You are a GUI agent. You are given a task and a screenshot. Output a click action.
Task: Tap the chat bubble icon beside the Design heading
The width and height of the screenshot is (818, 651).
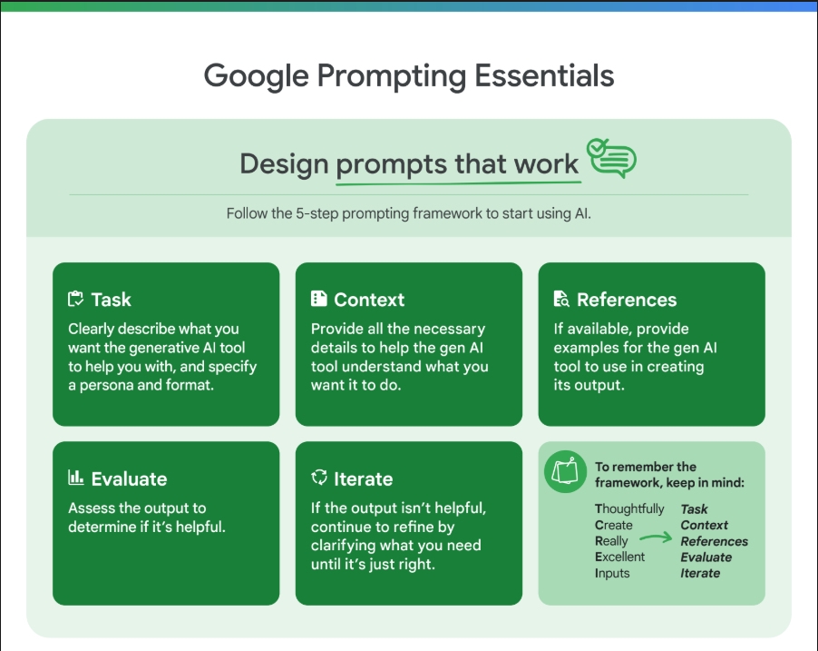click(x=611, y=158)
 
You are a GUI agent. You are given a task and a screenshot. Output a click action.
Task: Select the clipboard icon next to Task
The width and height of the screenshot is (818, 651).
click(x=75, y=299)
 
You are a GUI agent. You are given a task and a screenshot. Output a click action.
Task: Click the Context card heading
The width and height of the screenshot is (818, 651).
click(x=369, y=300)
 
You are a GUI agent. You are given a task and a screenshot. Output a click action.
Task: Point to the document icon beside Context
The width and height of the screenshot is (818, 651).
click(x=318, y=299)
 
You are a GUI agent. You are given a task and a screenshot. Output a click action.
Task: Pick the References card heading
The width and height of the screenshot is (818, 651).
click(x=627, y=300)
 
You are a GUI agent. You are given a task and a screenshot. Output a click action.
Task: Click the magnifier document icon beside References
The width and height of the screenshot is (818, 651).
click(x=561, y=299)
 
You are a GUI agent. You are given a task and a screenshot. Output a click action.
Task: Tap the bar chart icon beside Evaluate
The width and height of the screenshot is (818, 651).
click(x=75, y=477)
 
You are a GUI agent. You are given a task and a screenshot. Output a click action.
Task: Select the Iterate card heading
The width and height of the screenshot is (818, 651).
click(x=363, y=479)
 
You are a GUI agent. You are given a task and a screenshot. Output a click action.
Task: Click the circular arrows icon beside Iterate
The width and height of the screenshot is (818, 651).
click(x=318, y=477)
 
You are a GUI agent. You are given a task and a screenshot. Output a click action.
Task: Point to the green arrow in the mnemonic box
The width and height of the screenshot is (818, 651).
click(x=656, y=538)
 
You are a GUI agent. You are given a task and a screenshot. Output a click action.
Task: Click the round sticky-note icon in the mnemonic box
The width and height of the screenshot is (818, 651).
click(x=565, y=471)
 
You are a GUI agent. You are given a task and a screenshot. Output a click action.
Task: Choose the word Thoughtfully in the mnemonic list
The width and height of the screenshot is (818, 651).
click(x=629, y=508)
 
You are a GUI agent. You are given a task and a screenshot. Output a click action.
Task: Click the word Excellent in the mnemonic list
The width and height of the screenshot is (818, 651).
click(x=619, y=557)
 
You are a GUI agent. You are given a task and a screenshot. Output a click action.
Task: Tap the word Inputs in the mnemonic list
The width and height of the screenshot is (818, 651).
click(x=612, y=573)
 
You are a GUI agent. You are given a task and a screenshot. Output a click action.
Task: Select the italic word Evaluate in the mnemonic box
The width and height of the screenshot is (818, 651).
click(x=706, y=557)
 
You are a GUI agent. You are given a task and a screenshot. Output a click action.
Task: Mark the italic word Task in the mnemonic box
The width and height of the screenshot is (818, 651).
click(x=694, y=508)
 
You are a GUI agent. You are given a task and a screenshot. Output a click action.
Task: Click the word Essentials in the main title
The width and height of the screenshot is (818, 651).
click(x=544, y=75)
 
